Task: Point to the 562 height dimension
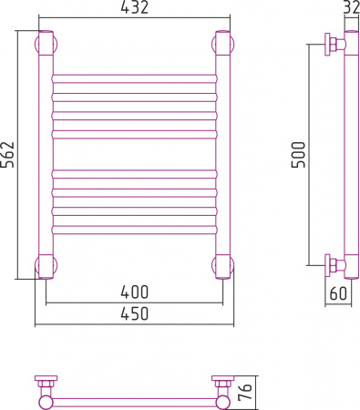[7, 156]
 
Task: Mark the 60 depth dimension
[338, 292]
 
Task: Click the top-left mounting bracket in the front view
[45, 44]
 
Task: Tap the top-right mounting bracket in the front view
[221, 44]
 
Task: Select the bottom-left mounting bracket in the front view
[45, 266]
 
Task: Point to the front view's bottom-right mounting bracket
[221, 266]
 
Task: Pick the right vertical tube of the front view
[221, 155]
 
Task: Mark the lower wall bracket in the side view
[334, 266]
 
